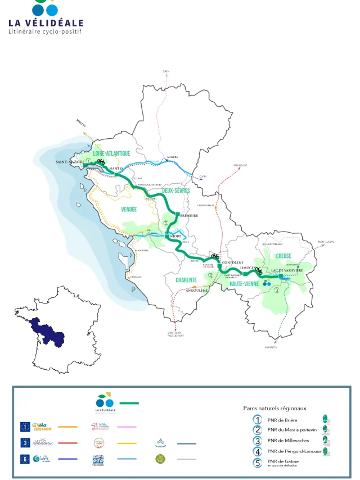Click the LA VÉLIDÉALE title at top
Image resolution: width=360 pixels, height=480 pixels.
[46, 23]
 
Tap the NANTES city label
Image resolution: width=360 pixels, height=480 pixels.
[116, 168]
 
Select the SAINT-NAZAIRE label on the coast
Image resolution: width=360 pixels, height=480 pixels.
[70, 162]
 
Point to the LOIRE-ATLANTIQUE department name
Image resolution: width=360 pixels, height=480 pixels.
[111, 153]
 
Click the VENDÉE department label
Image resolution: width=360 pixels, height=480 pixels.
[129, 209]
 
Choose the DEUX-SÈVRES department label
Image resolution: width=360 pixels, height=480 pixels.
[175, 191]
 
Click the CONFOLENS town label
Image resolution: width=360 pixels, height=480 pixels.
[232, 262]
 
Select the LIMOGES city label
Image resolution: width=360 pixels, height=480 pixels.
[247, 268]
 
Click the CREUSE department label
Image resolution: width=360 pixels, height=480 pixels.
[283, 256]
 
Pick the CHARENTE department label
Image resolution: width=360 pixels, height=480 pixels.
[186, 280]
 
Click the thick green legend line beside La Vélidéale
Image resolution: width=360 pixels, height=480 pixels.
[129, 403]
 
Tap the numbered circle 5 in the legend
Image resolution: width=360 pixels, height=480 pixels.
[258, 463]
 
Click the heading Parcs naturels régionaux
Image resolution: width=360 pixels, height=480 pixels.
[274, 408]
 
